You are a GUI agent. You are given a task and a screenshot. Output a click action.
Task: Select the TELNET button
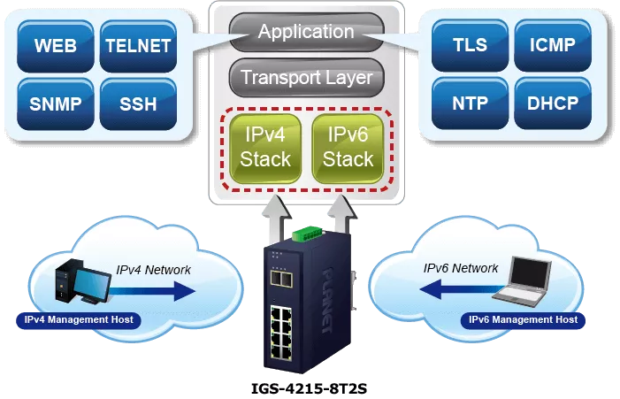point(137,46)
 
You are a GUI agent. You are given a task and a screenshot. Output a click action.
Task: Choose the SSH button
point(137,104)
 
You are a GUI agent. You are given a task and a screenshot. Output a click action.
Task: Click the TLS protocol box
point(469,44)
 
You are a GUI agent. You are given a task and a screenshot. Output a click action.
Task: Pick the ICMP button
point(551,44)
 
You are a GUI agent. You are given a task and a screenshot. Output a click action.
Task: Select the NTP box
point(469,103)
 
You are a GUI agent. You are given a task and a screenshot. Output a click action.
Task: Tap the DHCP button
point(551,103)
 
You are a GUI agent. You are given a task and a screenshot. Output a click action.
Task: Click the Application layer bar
point(306,32)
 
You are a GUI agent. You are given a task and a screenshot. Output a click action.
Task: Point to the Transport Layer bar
point(306,78)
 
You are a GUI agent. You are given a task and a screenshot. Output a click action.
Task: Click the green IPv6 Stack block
point(348,147)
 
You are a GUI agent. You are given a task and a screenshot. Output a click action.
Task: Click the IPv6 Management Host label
point(523,319)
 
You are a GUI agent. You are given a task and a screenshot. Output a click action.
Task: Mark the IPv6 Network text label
point(461,268)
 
